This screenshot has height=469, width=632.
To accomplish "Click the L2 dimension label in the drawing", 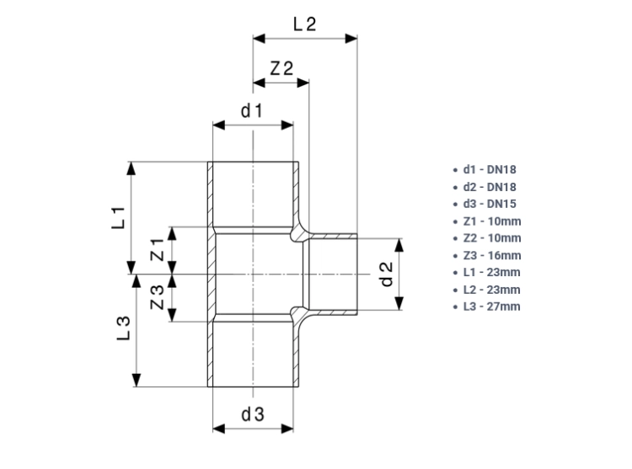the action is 305,24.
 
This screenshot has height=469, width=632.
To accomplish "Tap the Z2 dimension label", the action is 281,68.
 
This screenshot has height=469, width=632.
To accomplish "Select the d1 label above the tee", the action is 252,110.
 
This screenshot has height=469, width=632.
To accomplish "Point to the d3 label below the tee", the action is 253,414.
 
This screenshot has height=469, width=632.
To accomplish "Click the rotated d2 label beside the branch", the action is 387,274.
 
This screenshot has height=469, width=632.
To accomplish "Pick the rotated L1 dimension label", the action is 119,218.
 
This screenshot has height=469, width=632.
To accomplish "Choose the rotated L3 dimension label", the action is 124,328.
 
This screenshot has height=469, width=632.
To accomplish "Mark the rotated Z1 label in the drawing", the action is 158,249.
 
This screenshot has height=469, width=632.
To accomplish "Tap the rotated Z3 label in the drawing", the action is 158,297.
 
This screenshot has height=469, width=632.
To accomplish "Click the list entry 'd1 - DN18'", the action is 490,169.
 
